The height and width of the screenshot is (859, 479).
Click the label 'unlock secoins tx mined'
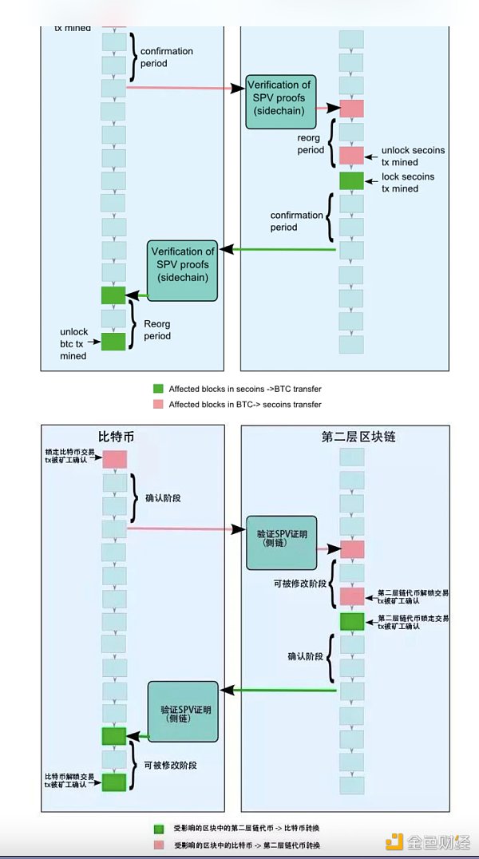(412, 156)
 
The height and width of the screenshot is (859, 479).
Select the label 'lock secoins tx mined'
(410, 182)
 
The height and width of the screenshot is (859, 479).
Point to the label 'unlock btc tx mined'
(73, 343)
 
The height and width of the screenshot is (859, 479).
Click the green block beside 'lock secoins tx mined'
(351, 180)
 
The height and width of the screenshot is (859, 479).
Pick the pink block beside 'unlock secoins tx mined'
(351, 156)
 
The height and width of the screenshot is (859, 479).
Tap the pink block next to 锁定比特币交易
(114, 459)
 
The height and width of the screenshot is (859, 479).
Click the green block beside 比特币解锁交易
(114, 782)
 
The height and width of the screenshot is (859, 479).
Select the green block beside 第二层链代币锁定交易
(351, 621)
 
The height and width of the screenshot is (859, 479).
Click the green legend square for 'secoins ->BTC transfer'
(157, 389)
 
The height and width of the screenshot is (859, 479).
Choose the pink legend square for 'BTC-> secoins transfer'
(157, 405)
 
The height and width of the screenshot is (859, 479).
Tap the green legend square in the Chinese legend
(159, 828)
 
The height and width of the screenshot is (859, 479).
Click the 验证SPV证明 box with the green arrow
(182, 709)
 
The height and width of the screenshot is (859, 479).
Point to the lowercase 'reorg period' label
(310, 144)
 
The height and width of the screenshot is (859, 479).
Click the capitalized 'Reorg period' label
(157, 330)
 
